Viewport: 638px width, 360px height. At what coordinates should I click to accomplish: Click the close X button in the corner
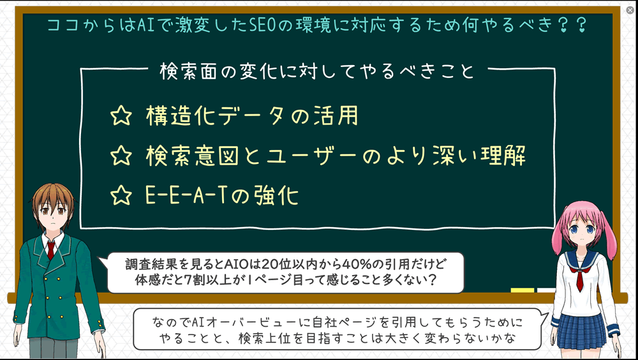(x=630, y=10)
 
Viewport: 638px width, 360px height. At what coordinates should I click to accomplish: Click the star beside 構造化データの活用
(x=121, y=116)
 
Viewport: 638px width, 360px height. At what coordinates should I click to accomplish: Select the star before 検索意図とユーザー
(x=121, y=156)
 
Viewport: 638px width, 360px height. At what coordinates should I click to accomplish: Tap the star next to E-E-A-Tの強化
(x=121, y=195)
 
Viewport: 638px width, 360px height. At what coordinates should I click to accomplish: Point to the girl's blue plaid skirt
(x=581, y=330)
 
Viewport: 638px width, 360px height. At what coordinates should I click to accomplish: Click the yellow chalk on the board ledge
(x=523, y=290)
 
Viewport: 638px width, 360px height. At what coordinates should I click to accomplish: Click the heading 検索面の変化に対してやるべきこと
(x=317, y=71)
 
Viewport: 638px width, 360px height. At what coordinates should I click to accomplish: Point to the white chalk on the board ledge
(x=546, y=290)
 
